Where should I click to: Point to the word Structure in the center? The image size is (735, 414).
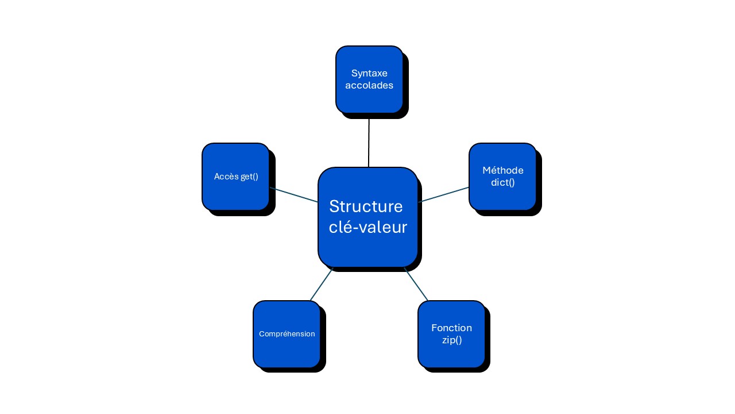point(366,206)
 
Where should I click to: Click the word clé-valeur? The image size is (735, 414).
point(368,227)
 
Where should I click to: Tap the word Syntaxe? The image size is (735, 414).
point(369,74)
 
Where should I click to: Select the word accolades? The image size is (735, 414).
point(369,85)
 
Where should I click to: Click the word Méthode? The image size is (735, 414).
point(503,170)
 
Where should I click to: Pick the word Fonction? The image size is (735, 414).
point(451,328)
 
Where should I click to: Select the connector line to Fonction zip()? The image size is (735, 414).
point(416,284)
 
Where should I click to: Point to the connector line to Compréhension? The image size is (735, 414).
point(322,284)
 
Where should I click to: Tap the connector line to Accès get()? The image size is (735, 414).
point(293,195)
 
